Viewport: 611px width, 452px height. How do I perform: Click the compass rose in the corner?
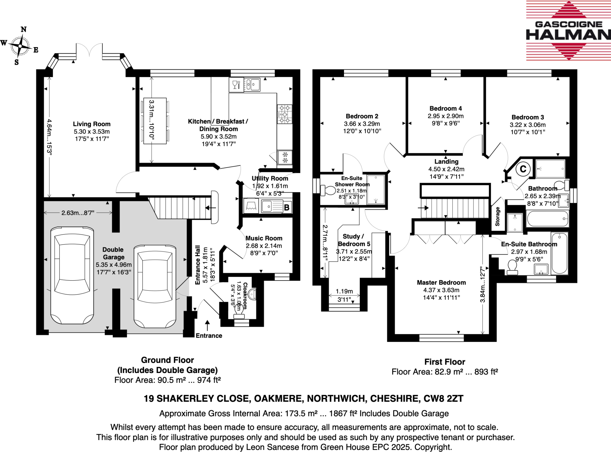[20, 46]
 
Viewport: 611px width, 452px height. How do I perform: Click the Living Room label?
[92, 124]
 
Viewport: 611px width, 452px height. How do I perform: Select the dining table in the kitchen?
[155, 121]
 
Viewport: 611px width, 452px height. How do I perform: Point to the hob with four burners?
[284, 114]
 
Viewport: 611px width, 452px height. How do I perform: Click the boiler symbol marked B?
[287, 207]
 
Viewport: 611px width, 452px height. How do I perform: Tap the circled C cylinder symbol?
[523, 169]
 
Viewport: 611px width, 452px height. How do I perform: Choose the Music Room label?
[264, 238]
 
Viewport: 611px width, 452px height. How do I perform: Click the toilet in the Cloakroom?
[238, 310]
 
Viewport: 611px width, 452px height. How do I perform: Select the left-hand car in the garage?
[72, 275]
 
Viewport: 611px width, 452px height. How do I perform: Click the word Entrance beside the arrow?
[209, 336]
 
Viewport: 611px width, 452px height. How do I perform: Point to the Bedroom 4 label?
[445, 109]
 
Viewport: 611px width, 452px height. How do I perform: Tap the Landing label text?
[446, 162]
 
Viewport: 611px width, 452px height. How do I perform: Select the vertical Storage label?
[497, 216]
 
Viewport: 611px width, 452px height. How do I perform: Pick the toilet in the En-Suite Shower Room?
[328, 190]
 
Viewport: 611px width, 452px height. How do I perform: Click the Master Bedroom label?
[441, 282]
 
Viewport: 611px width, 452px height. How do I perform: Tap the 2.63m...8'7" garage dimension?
[78, 213]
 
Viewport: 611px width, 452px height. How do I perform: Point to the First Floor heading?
[445, 362]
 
